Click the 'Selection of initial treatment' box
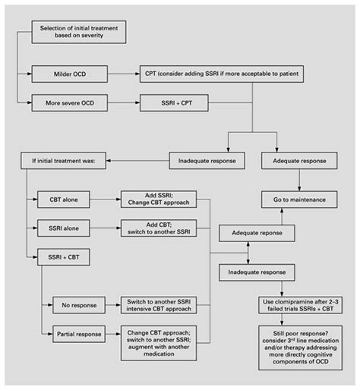78,32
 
